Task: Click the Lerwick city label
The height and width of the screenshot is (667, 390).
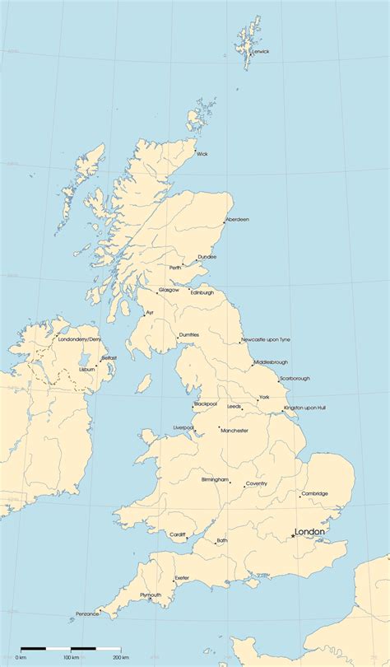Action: tap(261, 51)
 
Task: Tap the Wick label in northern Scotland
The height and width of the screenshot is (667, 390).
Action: tap(202, 153)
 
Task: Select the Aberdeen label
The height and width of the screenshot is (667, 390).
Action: tap(238, 219)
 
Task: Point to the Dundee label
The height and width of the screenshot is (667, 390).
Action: tap(207, 257)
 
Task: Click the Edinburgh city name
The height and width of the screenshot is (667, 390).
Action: tap(202, 292)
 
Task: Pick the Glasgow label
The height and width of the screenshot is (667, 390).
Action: tap(169, 290)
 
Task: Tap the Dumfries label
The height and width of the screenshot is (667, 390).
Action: tap(189, 334)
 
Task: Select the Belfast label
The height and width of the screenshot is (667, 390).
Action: tap(109, 357)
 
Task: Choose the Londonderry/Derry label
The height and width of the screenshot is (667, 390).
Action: tap(80, 338)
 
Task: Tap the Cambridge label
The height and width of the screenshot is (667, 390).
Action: tap(314, 493)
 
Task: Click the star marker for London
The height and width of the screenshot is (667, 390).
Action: tap(293, 537)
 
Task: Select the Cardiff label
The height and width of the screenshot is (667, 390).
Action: tap(179, 534)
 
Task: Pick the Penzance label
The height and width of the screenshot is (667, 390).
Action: tap(86, 613)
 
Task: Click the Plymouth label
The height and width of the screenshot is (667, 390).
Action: tap(151, 595)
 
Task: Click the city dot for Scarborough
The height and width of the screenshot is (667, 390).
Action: tap(278, 381)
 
